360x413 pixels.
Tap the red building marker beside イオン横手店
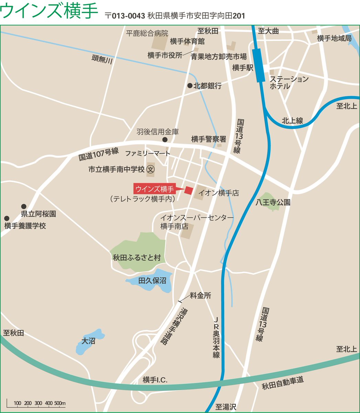188,190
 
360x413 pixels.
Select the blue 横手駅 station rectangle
259,65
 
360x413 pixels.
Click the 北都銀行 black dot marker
189,85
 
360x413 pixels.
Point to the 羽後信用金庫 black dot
165,139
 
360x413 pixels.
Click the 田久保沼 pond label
152,281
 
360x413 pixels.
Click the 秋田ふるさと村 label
137,257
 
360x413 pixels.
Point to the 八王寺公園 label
273,202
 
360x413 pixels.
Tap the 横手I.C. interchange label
155,380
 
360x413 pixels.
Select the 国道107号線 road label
98,154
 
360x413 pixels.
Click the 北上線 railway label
292,120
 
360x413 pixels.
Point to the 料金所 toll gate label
200,295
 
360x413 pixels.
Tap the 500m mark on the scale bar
60,403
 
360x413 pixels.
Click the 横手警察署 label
209,139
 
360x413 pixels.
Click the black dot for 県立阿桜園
24,206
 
